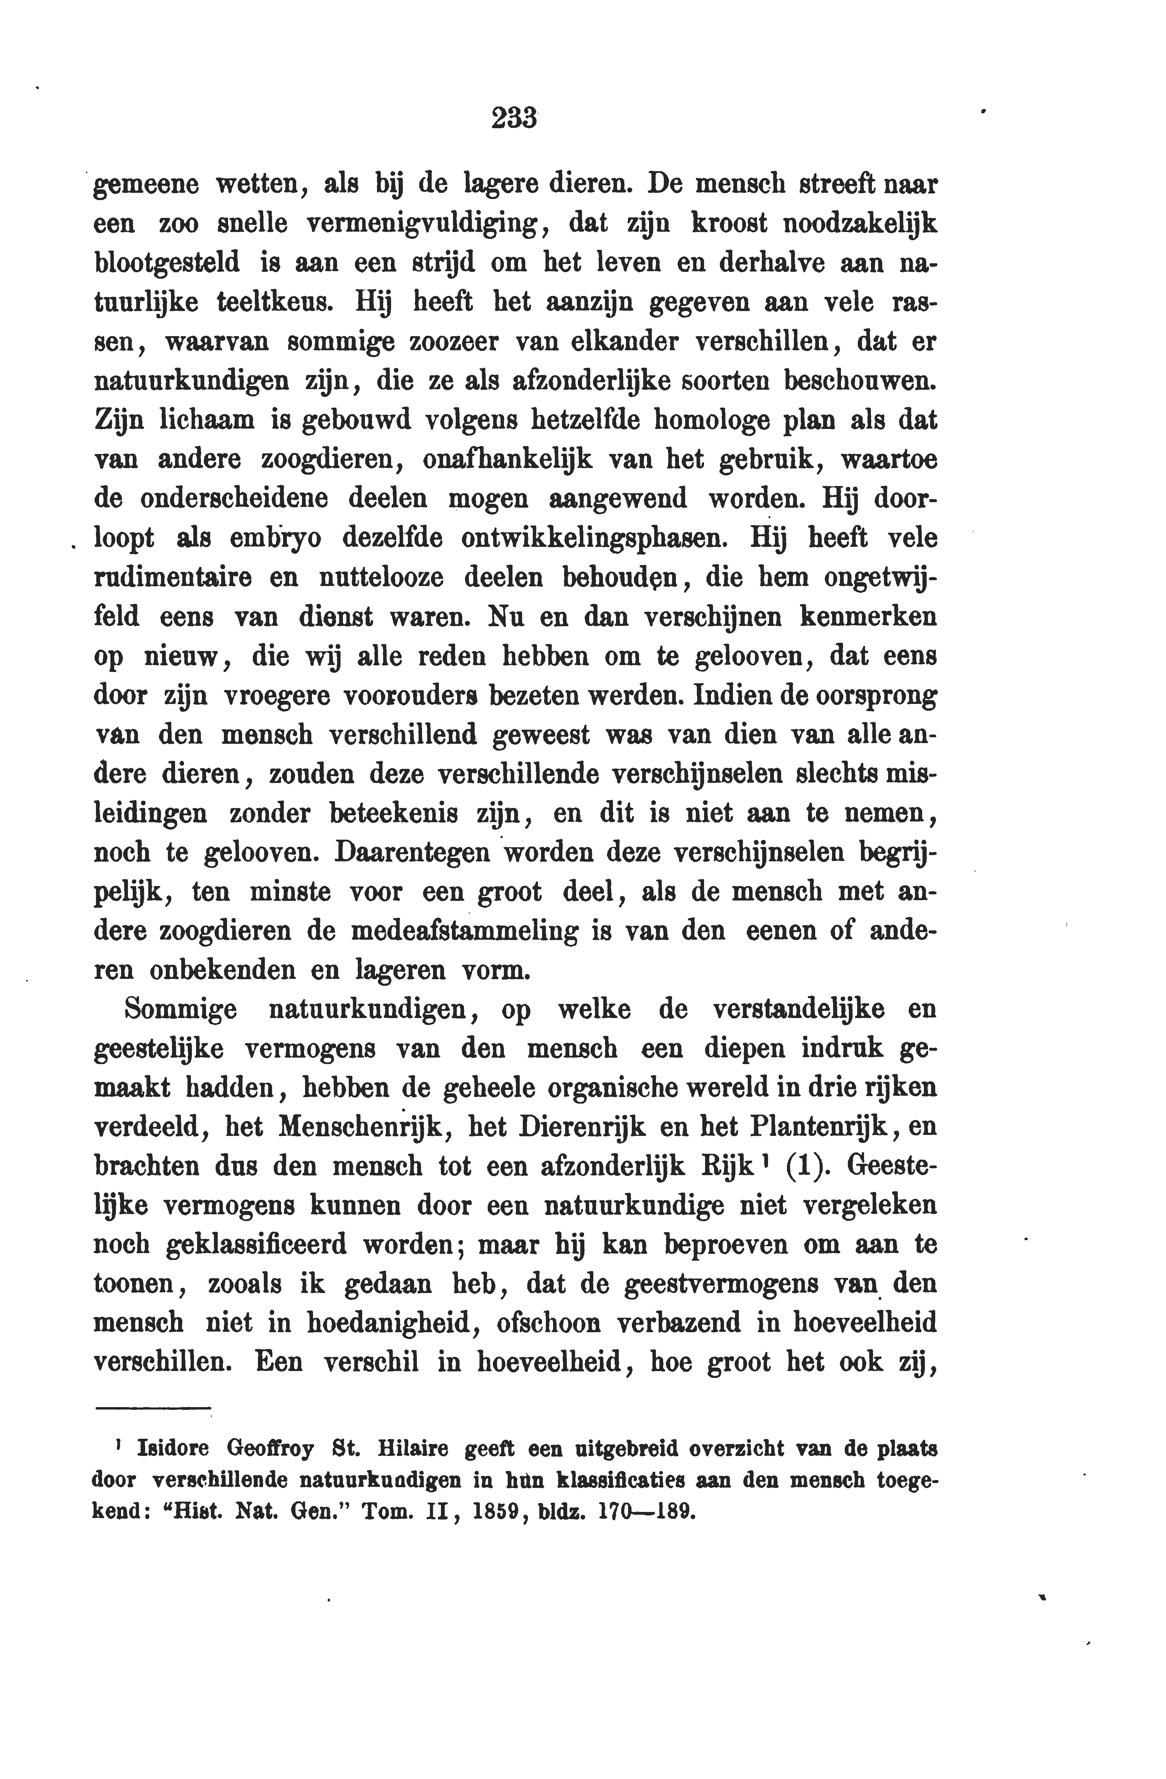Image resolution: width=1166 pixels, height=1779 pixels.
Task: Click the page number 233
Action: (x=515, y=118)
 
